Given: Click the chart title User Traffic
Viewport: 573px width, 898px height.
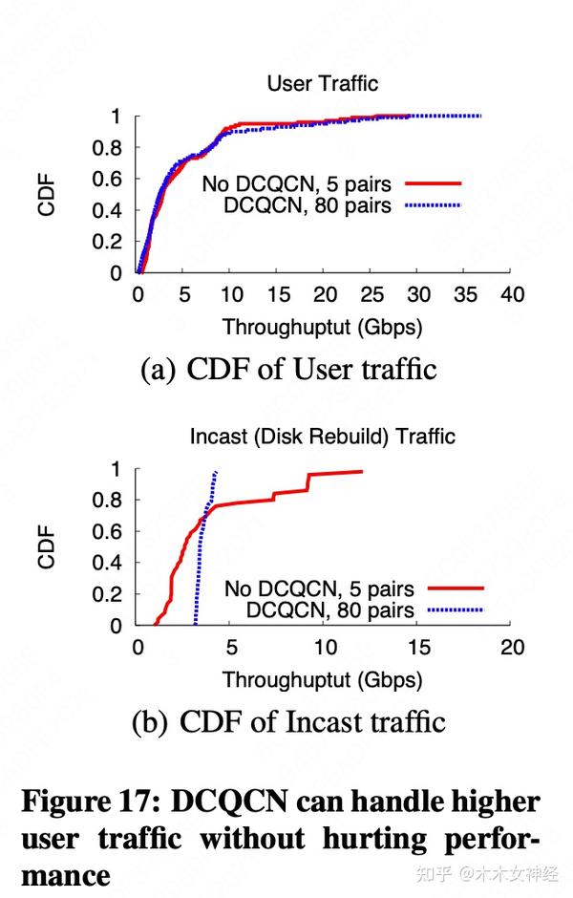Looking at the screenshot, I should [x=322, y=84].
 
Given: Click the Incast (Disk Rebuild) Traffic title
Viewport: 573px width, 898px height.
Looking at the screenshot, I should [x=322, y=437].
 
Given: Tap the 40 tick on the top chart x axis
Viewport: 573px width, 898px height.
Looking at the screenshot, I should [x=513, y=295].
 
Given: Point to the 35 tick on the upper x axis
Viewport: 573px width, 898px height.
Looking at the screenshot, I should [x=465, y=295].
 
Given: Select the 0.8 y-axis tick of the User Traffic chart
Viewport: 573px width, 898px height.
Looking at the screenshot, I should [x=113, y=148].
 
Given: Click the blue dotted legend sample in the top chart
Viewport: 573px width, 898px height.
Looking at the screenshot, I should [x=433, y=204].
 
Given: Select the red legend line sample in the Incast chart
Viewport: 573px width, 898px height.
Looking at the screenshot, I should [x=456, y=588].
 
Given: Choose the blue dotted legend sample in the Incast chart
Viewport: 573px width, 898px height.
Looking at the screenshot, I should [x=456, y=609].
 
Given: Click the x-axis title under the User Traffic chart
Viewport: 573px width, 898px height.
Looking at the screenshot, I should [x=322, y=327].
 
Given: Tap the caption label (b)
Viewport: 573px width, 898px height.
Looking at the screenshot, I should [x=150, y=721].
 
